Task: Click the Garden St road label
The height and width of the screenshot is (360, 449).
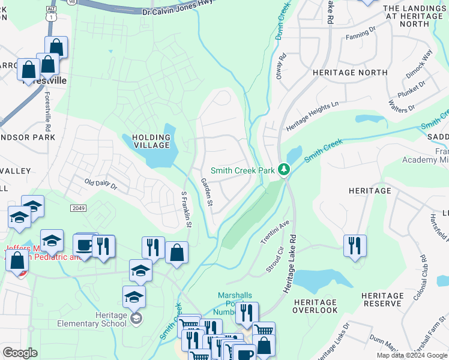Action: [x=206, y=193]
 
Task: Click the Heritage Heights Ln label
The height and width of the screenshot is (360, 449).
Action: [x=312, y=116]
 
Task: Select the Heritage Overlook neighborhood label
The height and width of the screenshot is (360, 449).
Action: [x=316, y=306]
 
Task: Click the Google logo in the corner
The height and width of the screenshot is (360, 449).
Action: [x=20, y=353]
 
